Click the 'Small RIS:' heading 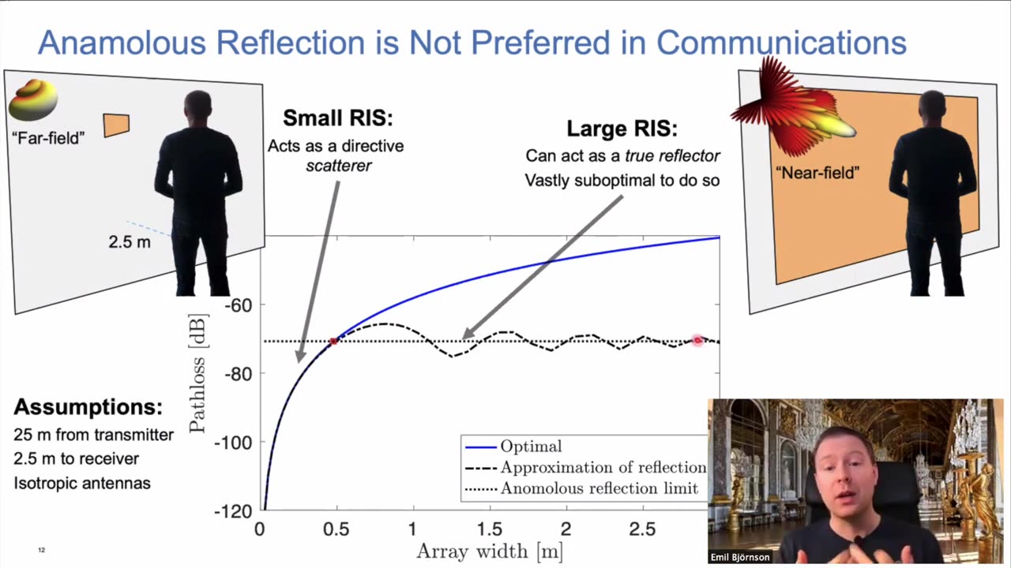click(337, 118)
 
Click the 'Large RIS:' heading click(622, 129)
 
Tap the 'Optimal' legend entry click(531, 447)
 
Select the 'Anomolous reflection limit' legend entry click(599, 488)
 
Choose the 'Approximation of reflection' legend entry click(603, 467)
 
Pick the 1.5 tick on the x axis click(490, 529)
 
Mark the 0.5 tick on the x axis click(336, 529)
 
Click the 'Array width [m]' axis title click(490, 551)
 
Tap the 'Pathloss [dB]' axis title click(197, 372)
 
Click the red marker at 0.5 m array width click(334, 341)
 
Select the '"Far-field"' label click(47, 138)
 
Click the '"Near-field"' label click(817, 172)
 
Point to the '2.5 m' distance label click(129, 241)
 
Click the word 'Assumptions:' click(88, 408)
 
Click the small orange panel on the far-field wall click(116, 125)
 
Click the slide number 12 click(41, 550)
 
